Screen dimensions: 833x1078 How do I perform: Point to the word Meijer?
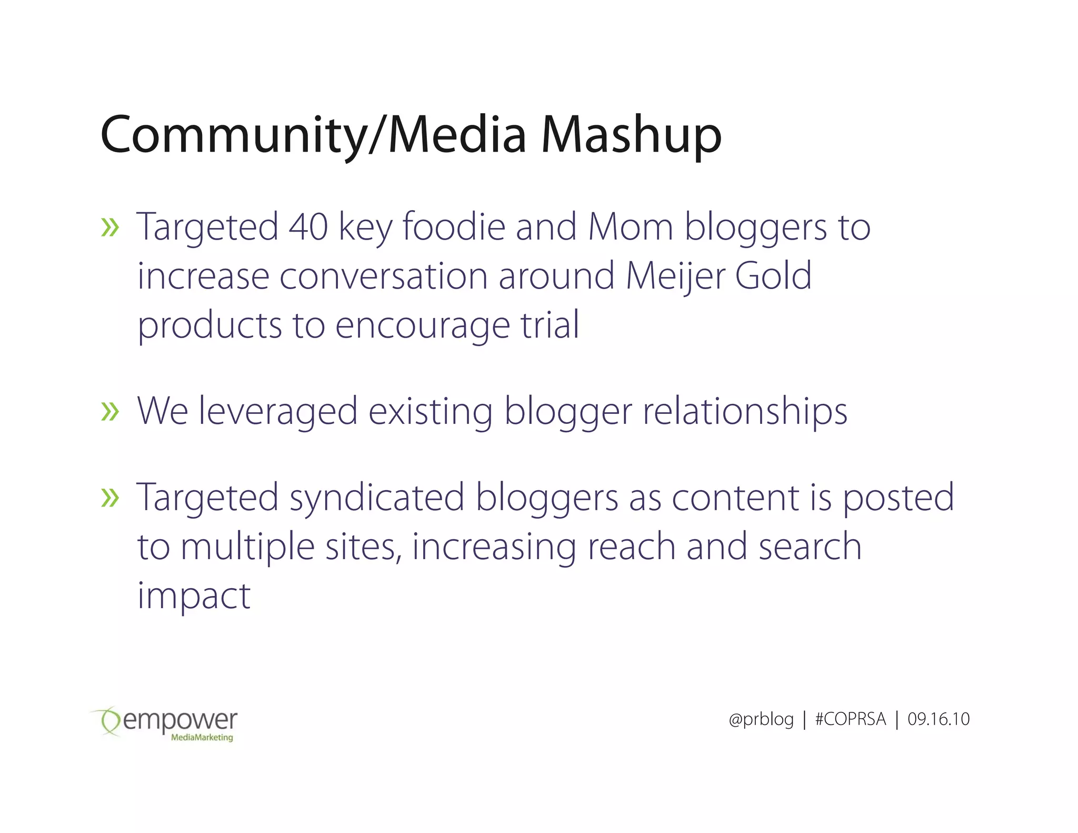675,276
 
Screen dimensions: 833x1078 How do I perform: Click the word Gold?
773,276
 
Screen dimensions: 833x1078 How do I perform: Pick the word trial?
550,325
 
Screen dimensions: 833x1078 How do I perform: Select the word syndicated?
377,497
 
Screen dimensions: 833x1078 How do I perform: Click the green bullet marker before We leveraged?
110,412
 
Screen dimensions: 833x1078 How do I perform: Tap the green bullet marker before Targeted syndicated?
110,498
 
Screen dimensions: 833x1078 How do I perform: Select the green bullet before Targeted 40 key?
110,228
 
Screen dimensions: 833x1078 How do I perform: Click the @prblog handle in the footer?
761,719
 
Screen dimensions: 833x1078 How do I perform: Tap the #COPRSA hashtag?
850,719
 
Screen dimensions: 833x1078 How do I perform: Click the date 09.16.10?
938,719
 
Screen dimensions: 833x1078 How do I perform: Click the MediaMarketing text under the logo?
202,738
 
